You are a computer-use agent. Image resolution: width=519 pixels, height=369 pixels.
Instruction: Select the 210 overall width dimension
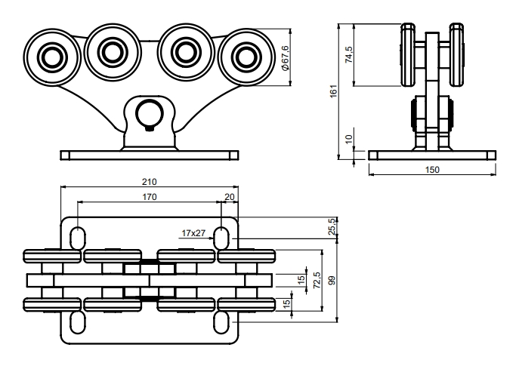coord(150,182)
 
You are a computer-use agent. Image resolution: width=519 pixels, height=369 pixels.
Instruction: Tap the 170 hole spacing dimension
coord(149,198)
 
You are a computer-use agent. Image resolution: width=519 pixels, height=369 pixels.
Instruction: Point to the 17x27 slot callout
coord(193,233)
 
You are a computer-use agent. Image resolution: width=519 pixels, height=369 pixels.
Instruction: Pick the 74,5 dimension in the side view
coord(349,54)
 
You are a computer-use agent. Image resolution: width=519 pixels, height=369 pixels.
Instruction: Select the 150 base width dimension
coord(432,171)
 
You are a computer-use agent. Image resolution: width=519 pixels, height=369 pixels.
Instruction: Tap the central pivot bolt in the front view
coord(149,115)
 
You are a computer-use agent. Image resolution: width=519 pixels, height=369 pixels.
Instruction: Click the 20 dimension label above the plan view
coord(230,198)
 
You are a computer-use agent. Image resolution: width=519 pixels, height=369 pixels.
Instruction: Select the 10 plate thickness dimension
coord(349,140)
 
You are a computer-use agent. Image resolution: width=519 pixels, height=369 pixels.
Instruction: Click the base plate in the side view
coord(432,155)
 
